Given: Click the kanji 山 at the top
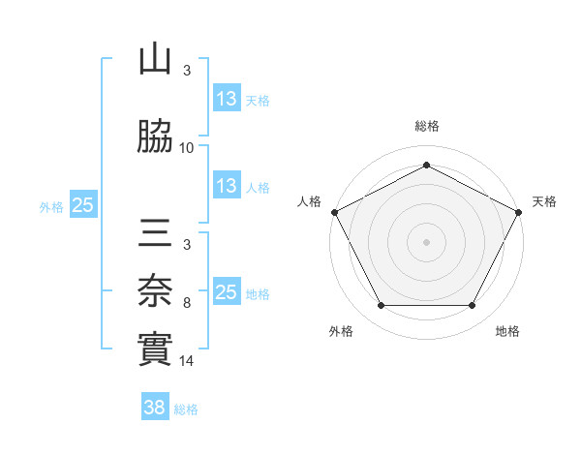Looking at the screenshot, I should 155,60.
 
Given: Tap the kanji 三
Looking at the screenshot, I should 155,233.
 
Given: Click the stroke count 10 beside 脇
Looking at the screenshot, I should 187,148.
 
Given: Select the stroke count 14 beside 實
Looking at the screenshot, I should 187,361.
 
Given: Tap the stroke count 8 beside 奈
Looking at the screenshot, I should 187,303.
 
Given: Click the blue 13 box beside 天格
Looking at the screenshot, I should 227,100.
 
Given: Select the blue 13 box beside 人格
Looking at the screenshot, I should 227,186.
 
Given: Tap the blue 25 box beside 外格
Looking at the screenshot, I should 83,205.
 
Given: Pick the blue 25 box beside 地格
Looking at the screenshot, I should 227,292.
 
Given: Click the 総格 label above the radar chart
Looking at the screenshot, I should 426,126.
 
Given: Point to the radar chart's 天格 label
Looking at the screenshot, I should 544,201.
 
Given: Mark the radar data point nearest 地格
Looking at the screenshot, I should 473,306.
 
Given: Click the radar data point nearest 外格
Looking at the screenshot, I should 381,306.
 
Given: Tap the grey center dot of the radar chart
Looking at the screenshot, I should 426,241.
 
